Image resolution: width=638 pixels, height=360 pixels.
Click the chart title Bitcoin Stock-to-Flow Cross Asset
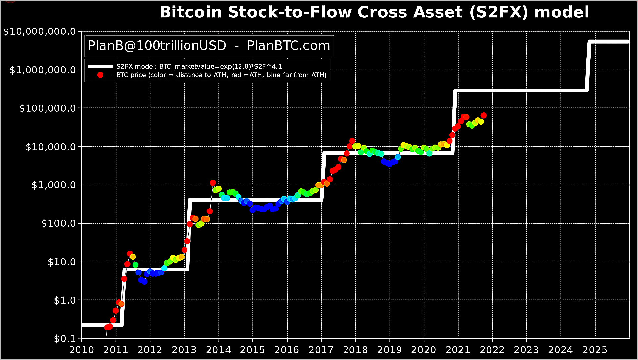click(374, 12)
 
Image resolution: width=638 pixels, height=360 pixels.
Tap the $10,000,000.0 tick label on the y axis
click(39, 32)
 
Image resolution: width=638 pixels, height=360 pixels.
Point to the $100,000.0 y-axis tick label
click(47, 108)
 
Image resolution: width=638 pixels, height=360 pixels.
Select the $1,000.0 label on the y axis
click(54, 185)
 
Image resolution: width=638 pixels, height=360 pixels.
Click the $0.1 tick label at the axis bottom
click(65, 339)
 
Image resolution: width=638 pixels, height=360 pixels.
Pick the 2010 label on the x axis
click(81, 350)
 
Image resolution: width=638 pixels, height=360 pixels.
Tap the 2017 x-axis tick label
click(321, 350)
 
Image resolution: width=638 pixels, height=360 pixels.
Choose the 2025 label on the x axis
click(595, 350)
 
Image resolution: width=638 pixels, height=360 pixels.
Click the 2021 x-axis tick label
click(458, 350)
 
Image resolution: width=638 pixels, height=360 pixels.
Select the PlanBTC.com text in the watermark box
click(289, 46)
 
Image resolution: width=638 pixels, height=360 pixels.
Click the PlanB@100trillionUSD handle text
click(157, 46)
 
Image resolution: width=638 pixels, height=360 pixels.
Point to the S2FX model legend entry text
click(199, 66)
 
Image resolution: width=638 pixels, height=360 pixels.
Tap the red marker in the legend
click(100, 75)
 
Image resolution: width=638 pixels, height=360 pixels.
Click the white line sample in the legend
click(100, 66)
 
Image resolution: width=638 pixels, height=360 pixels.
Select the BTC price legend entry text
click(221, 75)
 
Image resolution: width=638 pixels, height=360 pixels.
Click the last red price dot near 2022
click(484, 115)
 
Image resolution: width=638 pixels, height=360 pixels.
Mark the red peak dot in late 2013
click(213, 183)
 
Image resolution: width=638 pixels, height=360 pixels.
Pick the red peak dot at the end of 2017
click(352, 141)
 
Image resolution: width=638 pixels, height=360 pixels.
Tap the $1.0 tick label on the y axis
click(65, 300)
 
